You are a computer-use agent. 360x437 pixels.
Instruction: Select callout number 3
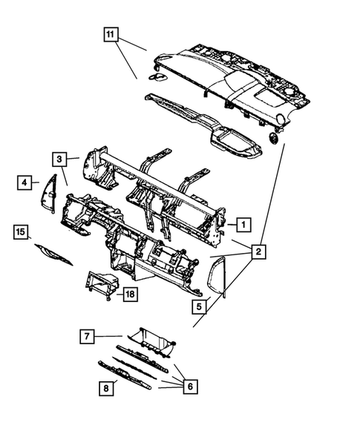click(x=59, y=158)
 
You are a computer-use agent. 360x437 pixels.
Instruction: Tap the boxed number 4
click(x=24, y=182)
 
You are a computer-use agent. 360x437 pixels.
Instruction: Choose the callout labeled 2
click(x=258, y=252)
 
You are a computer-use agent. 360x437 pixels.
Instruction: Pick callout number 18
click(x=130, y=295)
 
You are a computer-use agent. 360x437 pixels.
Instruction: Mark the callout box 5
click(x=198, y=304)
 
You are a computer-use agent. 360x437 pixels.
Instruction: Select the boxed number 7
click(x=87, y=337)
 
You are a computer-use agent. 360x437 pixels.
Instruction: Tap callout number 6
click(x=191, y=386)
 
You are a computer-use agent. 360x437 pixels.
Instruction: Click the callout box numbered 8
click(x=105, y=387)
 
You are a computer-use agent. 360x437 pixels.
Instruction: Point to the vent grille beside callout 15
click(x=54, y=254)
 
